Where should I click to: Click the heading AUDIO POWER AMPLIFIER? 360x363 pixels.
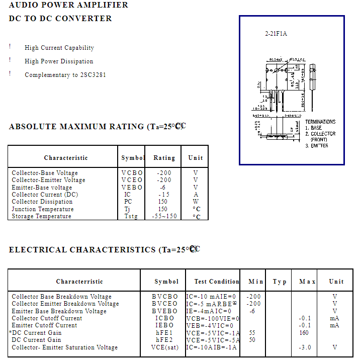[x=68, y=5]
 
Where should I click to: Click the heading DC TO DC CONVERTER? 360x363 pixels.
[x=60, y=19]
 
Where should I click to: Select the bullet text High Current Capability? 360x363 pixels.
[x=59, y=48]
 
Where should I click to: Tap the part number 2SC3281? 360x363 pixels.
[x=93, y=75]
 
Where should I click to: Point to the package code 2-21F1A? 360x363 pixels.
[x=276, y=34]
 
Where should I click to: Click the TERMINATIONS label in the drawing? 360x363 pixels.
[x=320, y=122]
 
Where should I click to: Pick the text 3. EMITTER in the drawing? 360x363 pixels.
[x=317, y=146]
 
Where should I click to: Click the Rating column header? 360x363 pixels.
[x=164, y=158]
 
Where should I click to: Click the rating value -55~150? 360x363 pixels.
[x=164, y=216]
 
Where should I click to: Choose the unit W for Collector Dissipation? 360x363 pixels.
[x=196, y=202]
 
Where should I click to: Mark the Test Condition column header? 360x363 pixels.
[x=217, y=282]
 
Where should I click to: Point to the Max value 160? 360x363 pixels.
[x=304, y=333]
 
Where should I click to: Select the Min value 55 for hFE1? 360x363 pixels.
[x=252, y=333]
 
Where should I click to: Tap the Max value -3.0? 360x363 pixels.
[x=305, y=347]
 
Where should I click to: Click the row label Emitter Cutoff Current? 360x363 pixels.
[x=44, y=325]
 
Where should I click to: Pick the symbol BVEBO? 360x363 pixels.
[x=165, y=311]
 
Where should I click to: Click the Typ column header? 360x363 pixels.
[x=280, y=282]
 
